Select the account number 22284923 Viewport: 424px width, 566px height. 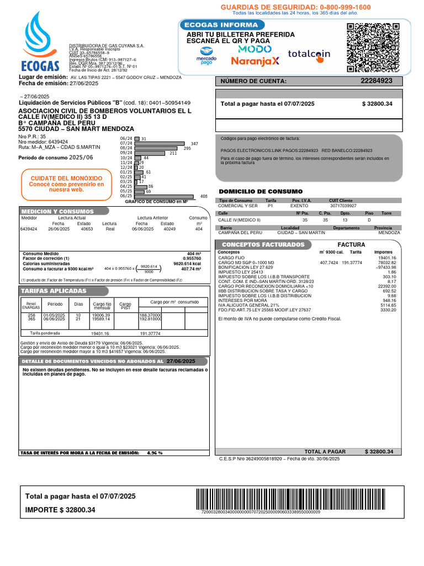(x=377, y=81)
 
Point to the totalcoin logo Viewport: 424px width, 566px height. (x=309, y=54)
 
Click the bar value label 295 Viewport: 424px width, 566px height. (x=187, y=148)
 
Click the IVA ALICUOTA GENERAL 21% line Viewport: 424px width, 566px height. (x=248, y=305)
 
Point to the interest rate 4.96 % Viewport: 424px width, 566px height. (x=154, y=453)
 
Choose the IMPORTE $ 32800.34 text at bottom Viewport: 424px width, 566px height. (x=60, y=510)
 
